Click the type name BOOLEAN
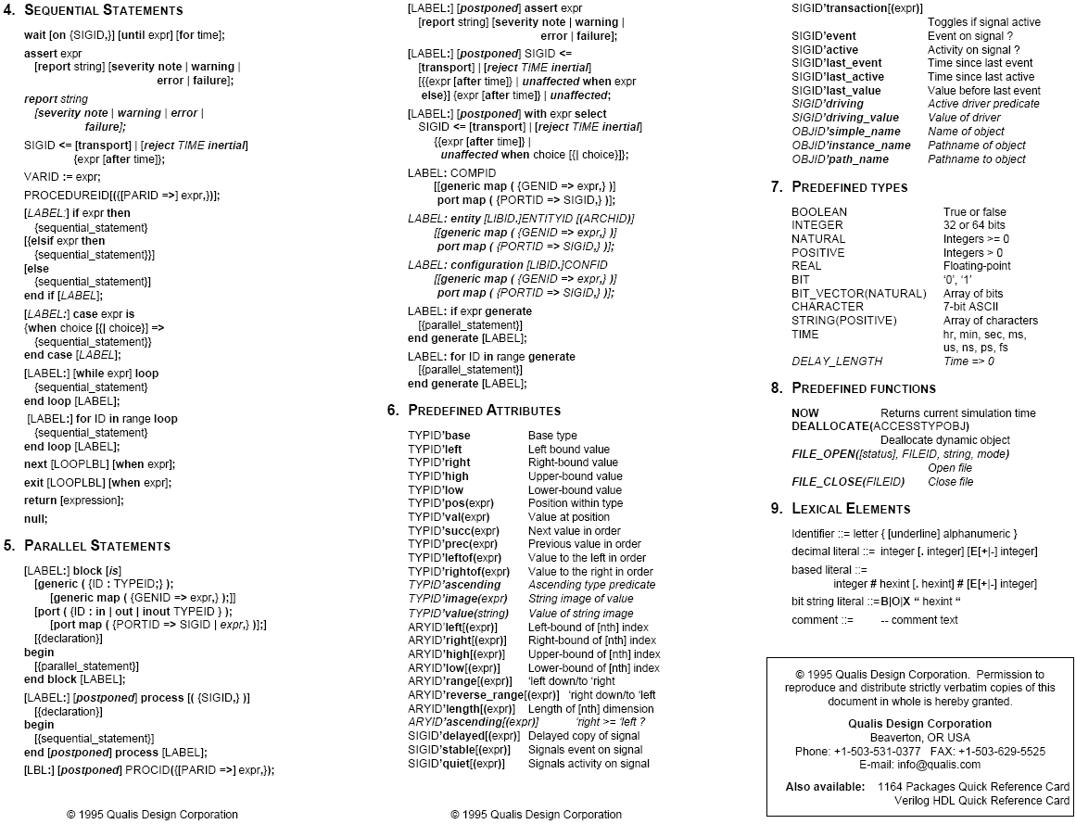(819, 212)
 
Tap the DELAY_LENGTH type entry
(837, 361)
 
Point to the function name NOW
(805, 412)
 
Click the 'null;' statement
(35, 519)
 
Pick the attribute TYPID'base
(438, 436)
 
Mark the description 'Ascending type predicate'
(591, 585)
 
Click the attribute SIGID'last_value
(836, 91)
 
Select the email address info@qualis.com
(945, 765)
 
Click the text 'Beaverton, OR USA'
(919, 738)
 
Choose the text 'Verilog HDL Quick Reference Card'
(981, 801)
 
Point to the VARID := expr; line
(62, 177)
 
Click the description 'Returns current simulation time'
(957, 412)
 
